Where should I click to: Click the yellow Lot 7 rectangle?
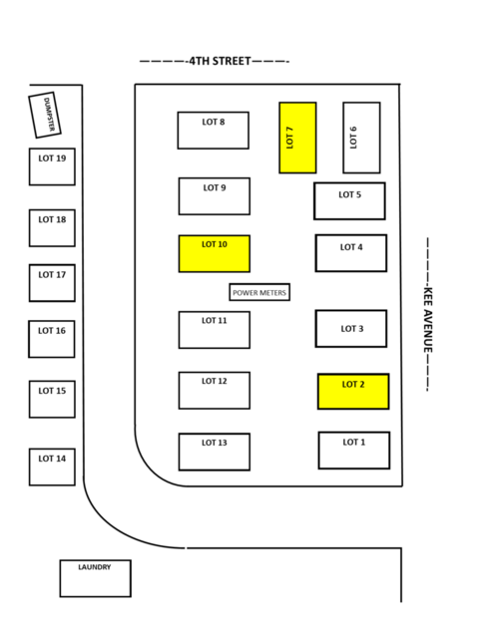297,138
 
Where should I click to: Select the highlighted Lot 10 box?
215,253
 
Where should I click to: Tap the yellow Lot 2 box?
353,392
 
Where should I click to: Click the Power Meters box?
259,292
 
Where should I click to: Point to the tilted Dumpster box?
45,115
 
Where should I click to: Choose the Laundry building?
95,578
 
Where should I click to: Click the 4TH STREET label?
220,61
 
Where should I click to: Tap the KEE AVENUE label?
428,320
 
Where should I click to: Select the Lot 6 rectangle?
361,138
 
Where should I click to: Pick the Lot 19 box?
52,166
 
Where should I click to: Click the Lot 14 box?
52,467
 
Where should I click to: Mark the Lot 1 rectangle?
354,451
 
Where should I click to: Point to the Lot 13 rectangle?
215,452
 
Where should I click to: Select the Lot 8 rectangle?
213,131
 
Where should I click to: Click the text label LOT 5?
350,194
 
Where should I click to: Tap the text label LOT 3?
352,329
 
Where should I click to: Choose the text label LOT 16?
52,331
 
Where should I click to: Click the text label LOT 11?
215,320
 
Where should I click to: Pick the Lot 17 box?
52,283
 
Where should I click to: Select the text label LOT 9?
215,187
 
